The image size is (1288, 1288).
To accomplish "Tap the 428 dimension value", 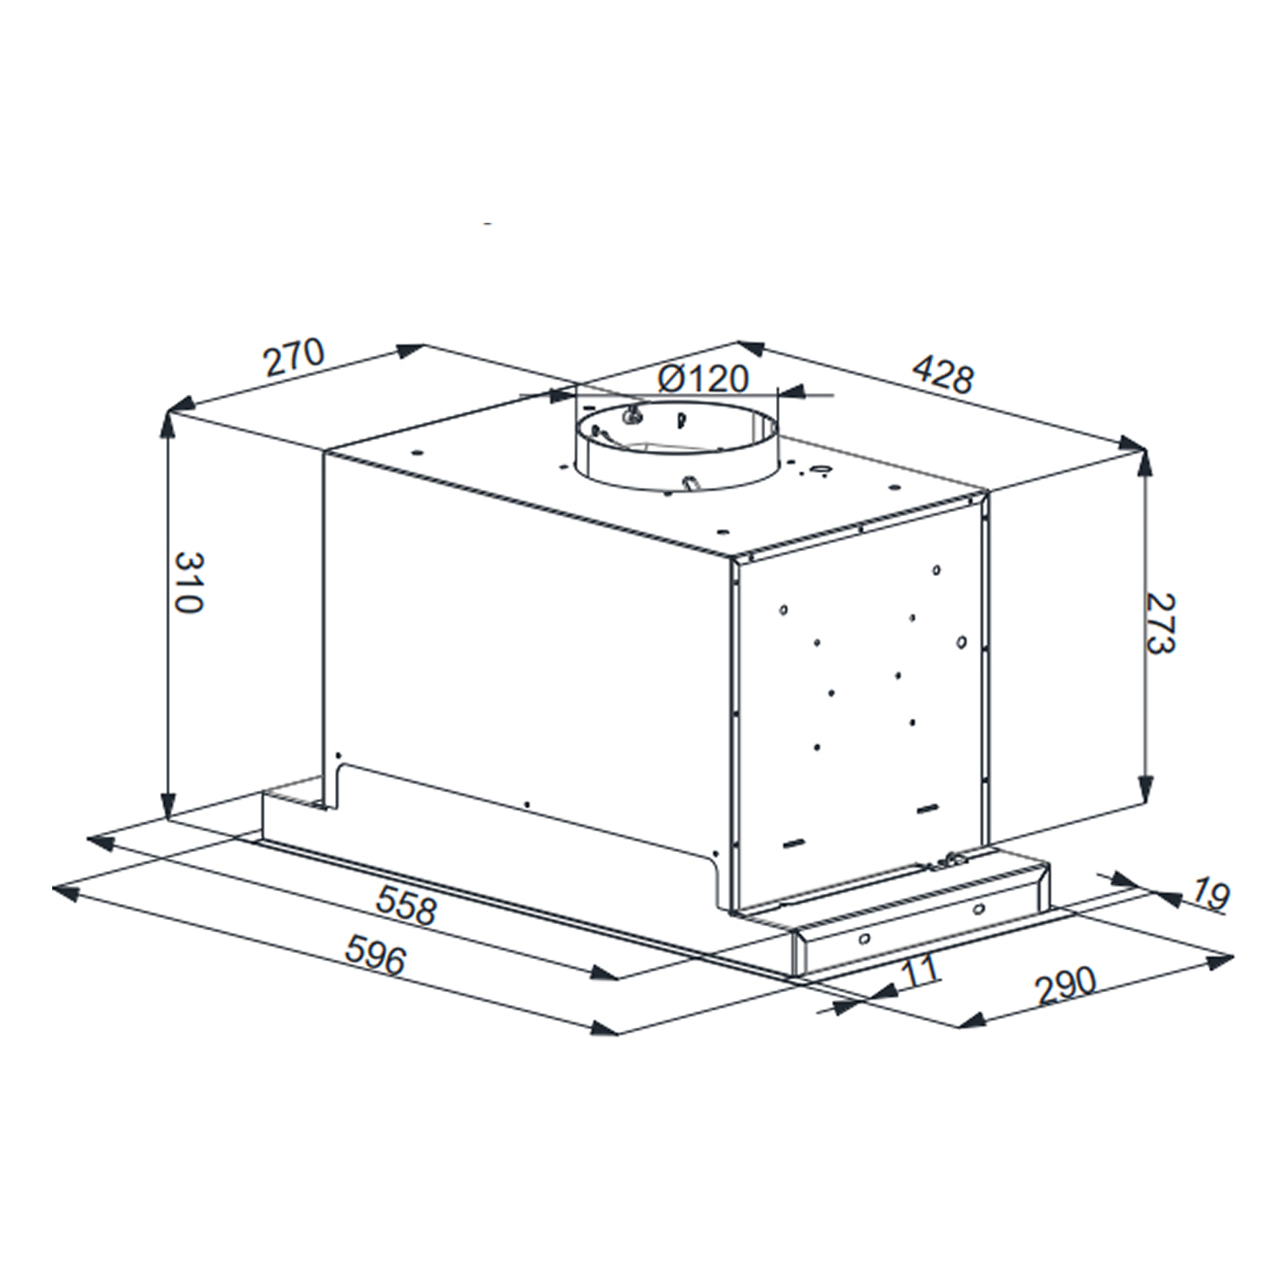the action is click(943, 374).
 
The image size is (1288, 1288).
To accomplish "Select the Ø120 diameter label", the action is click(703, 379).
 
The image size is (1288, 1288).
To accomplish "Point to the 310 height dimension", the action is click(188, 581).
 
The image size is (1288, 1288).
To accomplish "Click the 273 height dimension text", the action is click(1160, 622).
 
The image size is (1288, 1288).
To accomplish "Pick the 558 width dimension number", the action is click(406, 908).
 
